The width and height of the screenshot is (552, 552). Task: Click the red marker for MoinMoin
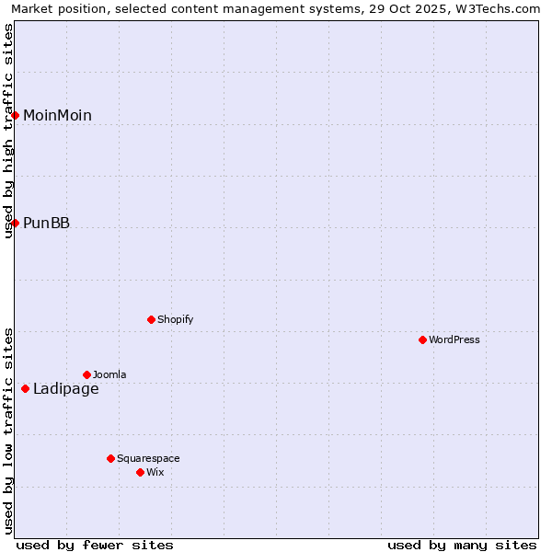pos(16,115)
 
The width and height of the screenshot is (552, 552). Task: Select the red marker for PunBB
pos(16,223)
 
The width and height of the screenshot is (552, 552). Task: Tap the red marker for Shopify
pos(151,319)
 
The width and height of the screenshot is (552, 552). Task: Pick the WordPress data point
pos(422,339)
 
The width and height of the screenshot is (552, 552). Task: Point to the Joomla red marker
pos(86,374)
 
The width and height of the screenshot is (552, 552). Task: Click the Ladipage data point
pos(26,388)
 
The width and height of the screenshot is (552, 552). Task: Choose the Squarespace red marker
pos(110,458)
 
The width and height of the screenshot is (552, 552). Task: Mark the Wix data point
pos(140,472)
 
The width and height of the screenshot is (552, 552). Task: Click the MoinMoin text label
pos(57,115)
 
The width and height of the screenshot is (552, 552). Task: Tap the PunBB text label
pos(46,223)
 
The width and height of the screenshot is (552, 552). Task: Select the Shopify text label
pos(175,319)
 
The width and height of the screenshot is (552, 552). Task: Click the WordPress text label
pos(454,339)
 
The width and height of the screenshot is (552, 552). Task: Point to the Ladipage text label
pos(65,388)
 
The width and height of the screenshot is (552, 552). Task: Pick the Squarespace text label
pos(148,458)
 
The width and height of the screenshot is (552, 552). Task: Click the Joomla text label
pos(109,374)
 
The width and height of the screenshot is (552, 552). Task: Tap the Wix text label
pos(155,472)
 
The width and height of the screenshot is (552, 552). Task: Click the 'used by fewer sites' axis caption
pos(95,545)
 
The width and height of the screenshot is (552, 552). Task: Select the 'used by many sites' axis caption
pos(462,545)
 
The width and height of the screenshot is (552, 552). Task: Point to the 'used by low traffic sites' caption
pos(9,430)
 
